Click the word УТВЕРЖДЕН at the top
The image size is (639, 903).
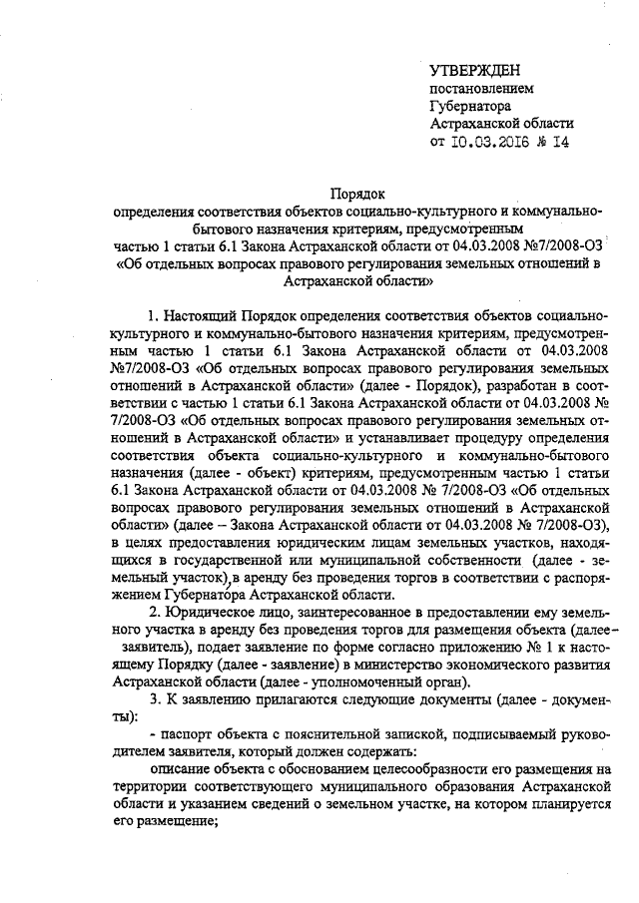pyautogui.click(x=474, y=69)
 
